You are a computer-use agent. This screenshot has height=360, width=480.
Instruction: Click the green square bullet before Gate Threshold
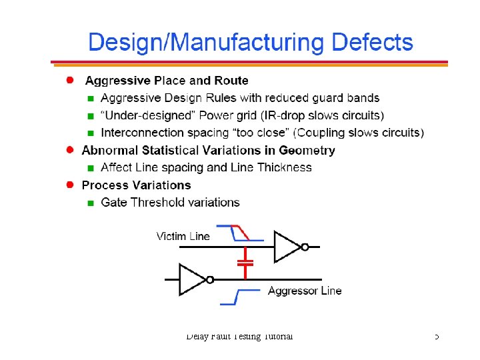pyautogui.click(x=91, y=203)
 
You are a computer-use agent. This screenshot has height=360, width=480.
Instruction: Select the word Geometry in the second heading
pyautogui.click(x=307, y=151)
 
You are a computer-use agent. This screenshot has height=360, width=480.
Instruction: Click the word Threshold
pyautogui.click(x=159, y=202)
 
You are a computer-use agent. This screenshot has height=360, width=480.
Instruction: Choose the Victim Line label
pyautogui.click(x=183, y=236)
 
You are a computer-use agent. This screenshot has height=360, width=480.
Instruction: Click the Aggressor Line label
pyautogui.click(x=305, y=291)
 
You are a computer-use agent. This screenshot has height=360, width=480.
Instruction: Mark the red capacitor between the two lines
pyautogui.click(x=246, y=261)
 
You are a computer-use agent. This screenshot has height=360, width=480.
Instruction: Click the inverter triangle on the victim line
pyautogui.click(x=287, y=247)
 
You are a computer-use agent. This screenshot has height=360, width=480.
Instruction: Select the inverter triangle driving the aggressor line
pyautogui.click(x=192, y=279)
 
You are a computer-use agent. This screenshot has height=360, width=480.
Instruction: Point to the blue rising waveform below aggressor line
pyautogui.click(x=239, y=297)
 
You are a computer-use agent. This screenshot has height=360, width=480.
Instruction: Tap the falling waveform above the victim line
pyautogui.click(x=239, y=233)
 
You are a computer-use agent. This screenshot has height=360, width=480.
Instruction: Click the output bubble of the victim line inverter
pyautogui.click(x=305, y=247)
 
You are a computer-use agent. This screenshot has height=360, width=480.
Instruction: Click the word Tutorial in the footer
pyautogui.click(x=277, y=336)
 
